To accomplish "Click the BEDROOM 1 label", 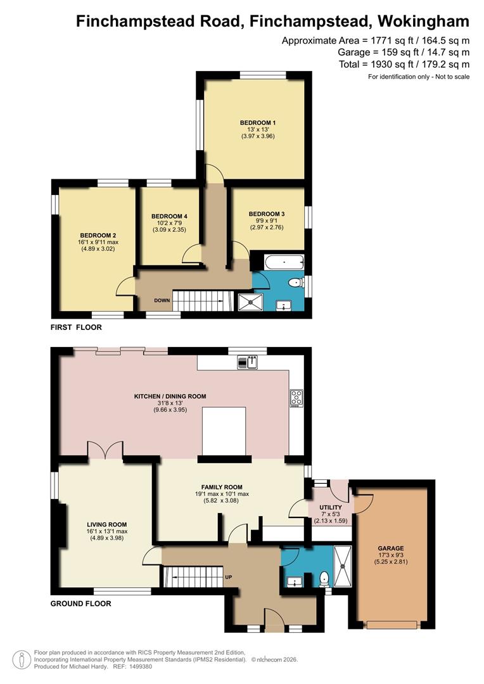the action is click(x=257, y=123).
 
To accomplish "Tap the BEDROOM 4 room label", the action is click(x=169, y=217).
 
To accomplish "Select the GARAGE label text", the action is click(x=391, y=548).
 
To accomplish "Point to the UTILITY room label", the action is click(x=331, y=508).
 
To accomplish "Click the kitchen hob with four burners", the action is click(x=296, y=398).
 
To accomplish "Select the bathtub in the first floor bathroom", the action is click(x=284, y=263).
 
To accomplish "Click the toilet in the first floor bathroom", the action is click(x=296, y=283).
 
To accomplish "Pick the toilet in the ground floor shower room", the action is click(x=324, y=579).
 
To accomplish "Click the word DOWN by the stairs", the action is click(x=162, y=301).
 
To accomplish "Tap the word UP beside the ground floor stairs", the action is click(x=228, y=577).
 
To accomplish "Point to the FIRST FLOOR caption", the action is click(x=76, y=327).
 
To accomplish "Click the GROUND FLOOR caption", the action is click(x=80, y=604).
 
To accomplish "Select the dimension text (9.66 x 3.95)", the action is click(x=170, y=410).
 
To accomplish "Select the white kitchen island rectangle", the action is click(x=224, y=431).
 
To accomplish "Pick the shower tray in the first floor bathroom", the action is click(x=250, y=302).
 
